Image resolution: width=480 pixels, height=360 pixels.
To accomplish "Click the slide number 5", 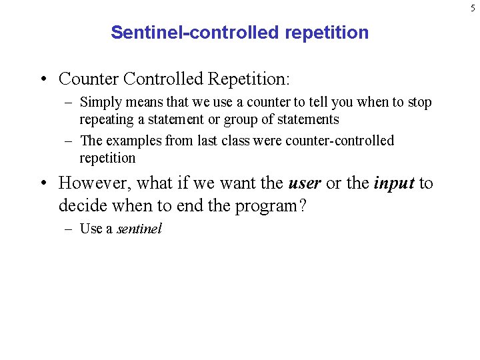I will [472, 7].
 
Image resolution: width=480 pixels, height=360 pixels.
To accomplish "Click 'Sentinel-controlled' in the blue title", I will [177, 33].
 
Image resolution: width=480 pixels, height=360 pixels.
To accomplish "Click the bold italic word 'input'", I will [393, 183].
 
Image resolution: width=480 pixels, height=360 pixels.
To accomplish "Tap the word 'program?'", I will [271, 205].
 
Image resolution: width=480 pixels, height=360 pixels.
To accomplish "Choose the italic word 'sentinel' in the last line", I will [139, 229].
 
